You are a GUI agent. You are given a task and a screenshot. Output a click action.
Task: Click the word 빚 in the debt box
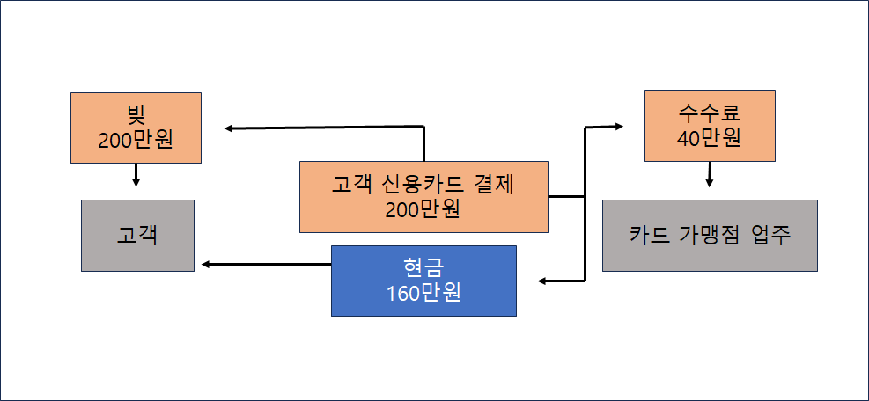pyautogui.click(x=136, y=115)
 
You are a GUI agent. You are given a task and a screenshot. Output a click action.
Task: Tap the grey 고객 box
pyautogui.click(x=137, y=236)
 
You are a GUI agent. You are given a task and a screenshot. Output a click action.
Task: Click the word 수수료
pyautogui.click(x=709, y=114)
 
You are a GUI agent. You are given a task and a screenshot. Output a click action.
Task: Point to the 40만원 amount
pyautogui.click(x=709, y=138)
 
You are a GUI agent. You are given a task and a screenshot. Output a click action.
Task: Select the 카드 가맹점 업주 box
pyautogui.click(x=710, y=235)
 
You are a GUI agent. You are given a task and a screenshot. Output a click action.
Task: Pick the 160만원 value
pyautogui.click(x=423, y=293)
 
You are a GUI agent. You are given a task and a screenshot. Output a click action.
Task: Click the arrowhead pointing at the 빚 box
pyautogui.click(x=229, y=128)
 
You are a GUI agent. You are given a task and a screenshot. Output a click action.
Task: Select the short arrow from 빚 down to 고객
pyautogui.click(x=136, y=173)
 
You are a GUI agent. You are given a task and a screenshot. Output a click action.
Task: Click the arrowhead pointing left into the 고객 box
pyautogui.click(x=206, y=264)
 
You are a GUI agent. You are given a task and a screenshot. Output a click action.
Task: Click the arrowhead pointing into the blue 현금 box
pyautogui.click(x=543, y=281)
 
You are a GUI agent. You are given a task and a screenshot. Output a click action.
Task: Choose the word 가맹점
pyautogui.click(x=711, y=235)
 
